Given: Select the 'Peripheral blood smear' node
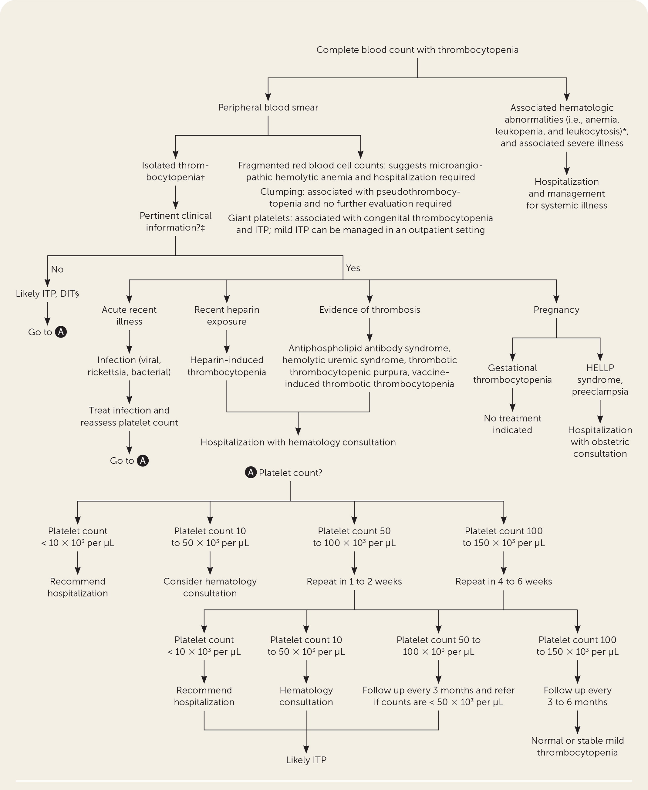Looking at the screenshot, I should coord(268,107).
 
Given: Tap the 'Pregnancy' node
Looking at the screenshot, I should coord(556,310).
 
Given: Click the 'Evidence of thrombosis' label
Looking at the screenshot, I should coord(370,310).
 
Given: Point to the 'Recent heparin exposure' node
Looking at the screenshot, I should coord(227,315).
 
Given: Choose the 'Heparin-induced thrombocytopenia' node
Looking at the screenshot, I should coord(227,366).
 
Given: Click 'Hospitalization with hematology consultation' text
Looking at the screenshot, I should coord(298,442).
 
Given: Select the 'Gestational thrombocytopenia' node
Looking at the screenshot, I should coord(512,374).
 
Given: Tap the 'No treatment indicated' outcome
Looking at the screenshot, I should coord(512,424).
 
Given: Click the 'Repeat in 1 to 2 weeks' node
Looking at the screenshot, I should coord(354,581).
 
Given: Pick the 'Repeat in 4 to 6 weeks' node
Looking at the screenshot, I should coord(504,581).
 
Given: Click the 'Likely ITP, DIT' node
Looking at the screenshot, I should coord(47,294).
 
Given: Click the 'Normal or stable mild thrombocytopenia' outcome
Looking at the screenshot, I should coord(577,746).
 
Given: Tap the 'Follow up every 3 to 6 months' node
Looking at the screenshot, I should coord(577,696).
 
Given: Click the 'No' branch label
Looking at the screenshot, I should coord(57,269).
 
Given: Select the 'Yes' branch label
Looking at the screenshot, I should coord(353,268).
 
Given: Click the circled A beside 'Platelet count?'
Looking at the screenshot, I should coord(251,472).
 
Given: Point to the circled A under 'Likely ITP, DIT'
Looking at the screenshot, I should coord(61,332).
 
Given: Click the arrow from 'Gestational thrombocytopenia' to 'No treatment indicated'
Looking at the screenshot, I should coord(512,400).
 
